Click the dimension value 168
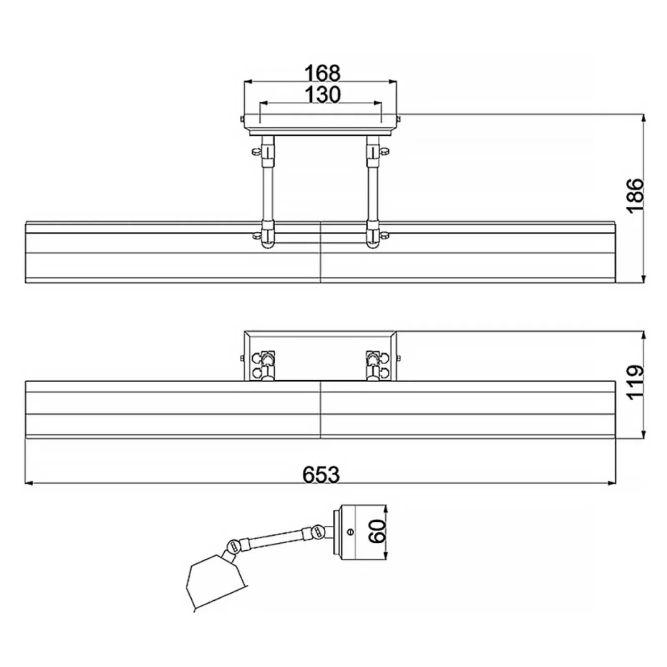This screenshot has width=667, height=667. coord(322,73)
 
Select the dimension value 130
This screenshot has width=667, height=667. coord(322,95)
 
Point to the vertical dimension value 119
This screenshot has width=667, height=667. coord(635,382)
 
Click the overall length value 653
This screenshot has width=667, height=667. coord(321,474)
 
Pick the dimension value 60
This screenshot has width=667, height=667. coord(378,531)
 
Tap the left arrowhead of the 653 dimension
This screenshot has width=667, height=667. coord(29,483)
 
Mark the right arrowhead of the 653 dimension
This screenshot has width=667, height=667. coord(612,483)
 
